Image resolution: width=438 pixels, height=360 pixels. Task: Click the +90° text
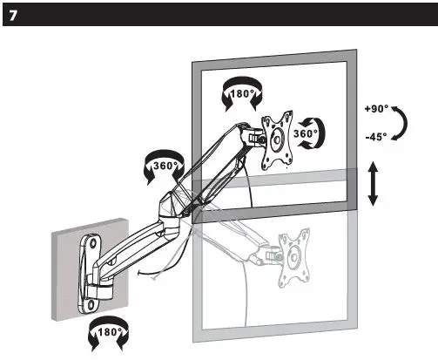click(379, 110)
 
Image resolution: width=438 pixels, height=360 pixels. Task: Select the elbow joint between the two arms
click(170, 209)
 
